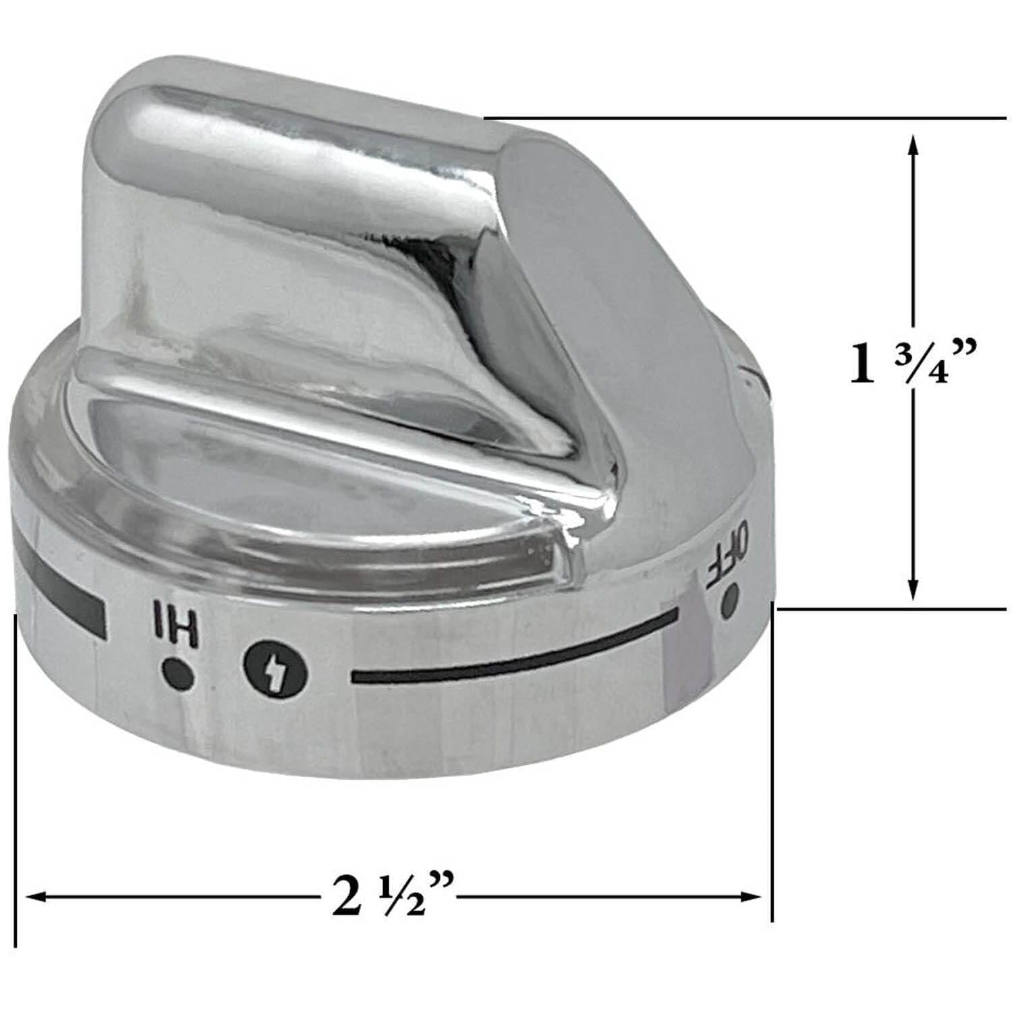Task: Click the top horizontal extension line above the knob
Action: [x=742, y=119]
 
